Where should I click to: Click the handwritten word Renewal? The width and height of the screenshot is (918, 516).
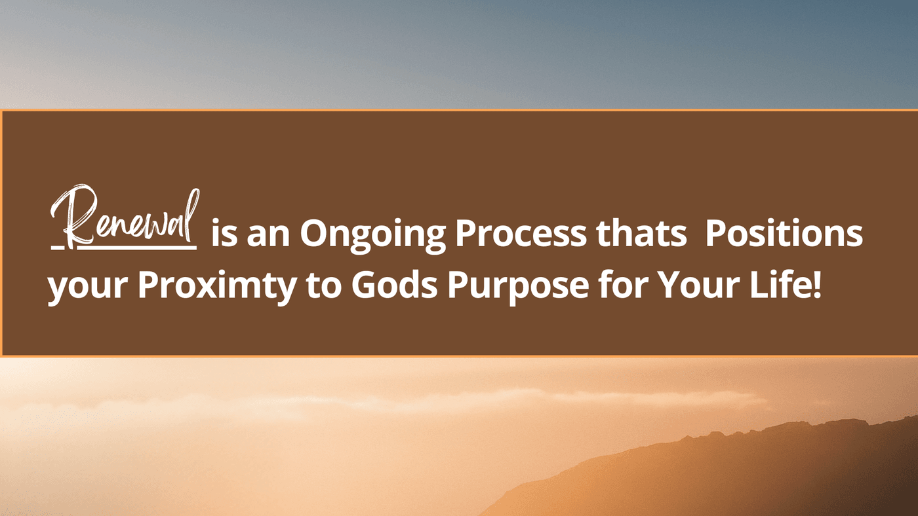pyautogui.click(x=125, y=217)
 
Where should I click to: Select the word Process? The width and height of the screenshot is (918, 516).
pyautogui.click(x=521, y=234)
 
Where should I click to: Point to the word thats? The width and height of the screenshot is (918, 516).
pyautogui.click(x=641, y=233)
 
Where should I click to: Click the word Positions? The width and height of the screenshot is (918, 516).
pyautogui.click(x=784, y=233)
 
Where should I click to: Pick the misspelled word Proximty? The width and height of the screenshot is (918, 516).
pyautogui.click(x=217, y=286)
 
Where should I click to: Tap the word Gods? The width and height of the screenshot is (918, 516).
pyautogui.click(x=394, y=285)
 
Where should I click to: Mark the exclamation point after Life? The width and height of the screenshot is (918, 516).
pyautogui.click(x=816, y=285)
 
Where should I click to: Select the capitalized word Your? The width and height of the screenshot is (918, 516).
pyautogui.click(x=699, y=286)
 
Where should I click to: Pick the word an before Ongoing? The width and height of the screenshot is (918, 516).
pyautogui.click(x=268, y=237)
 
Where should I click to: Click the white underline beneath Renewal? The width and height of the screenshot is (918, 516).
pyautogui.click(x=124, y=247)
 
